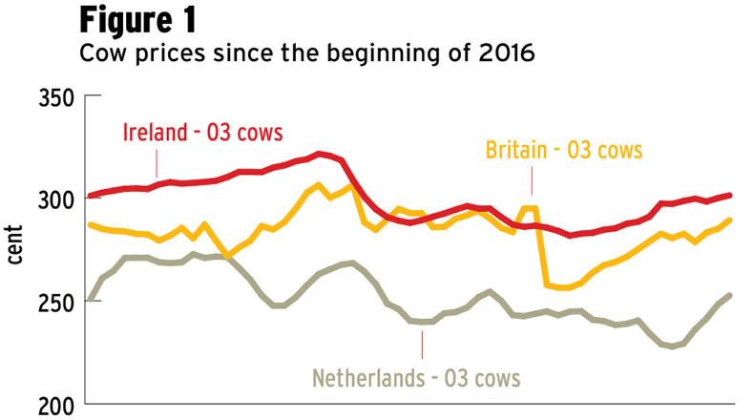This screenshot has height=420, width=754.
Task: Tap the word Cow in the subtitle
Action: (101, 54)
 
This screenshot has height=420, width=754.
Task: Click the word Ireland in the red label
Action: (155, 133)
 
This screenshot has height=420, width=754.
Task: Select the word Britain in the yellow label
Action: (518, 150)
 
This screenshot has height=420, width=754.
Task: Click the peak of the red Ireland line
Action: (321, 153)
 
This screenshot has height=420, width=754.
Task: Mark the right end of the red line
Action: (730, 195)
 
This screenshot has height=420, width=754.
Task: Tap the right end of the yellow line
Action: (730, 220)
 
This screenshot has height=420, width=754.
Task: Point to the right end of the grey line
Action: (730, 295)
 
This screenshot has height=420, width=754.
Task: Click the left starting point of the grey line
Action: (89, 300)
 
